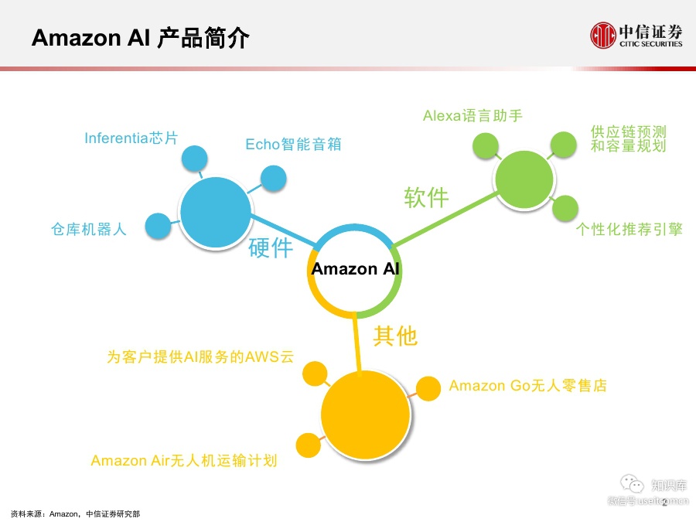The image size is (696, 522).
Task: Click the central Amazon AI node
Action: click(356, 269)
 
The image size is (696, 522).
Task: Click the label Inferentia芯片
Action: click(131, 138)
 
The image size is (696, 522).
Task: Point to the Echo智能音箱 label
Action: click(293, 144)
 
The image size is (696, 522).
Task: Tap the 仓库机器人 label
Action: click(89, 228)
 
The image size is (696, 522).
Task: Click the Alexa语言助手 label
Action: click(473, 116)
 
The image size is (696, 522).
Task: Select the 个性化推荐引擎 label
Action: click(629, 229)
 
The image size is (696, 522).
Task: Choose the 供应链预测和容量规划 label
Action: click(628, 138)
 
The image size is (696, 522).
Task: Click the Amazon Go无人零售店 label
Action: click(527, 385)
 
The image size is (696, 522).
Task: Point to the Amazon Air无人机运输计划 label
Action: click(183, 461)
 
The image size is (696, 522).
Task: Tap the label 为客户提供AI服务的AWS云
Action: click(200, 357)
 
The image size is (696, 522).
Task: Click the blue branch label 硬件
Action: click(271, 248)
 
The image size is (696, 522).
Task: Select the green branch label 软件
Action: click(426, 197)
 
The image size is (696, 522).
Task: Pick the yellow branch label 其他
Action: click(395, 336)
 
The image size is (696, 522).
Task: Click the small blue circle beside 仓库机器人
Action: click(158, 225)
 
